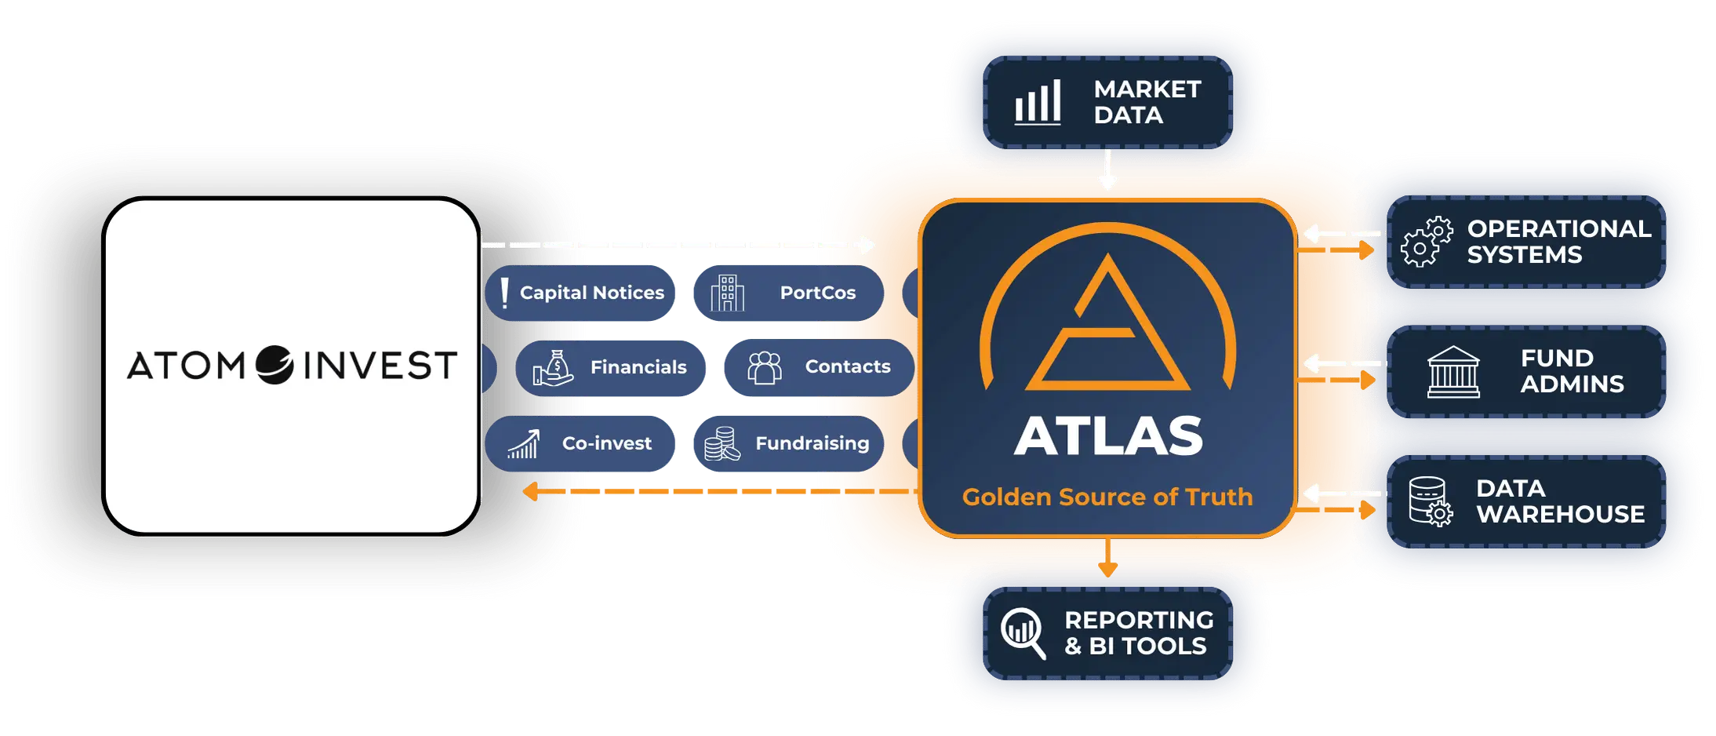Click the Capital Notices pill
coord(580,293)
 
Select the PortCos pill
coord(788,293)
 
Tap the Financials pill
coord(610,367)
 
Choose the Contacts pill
coord(819,367)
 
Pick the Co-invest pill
coord(580,443)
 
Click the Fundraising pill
coord(788,443)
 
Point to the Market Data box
coord(1107,102)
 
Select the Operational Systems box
coord(1526,242)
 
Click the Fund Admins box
coord(1526,372)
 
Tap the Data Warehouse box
coord(1526,501)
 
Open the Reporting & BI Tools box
coord(1107,633)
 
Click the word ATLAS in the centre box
coord(1108,435)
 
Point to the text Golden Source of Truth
coord(1107,497)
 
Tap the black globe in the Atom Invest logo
coord(274,365)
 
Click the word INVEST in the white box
coord(380,366)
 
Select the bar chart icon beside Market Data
coord(1038,102)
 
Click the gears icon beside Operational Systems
coord(1427,242)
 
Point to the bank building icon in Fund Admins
coord(1453,372)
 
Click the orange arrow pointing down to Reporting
coord(1107,558)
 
